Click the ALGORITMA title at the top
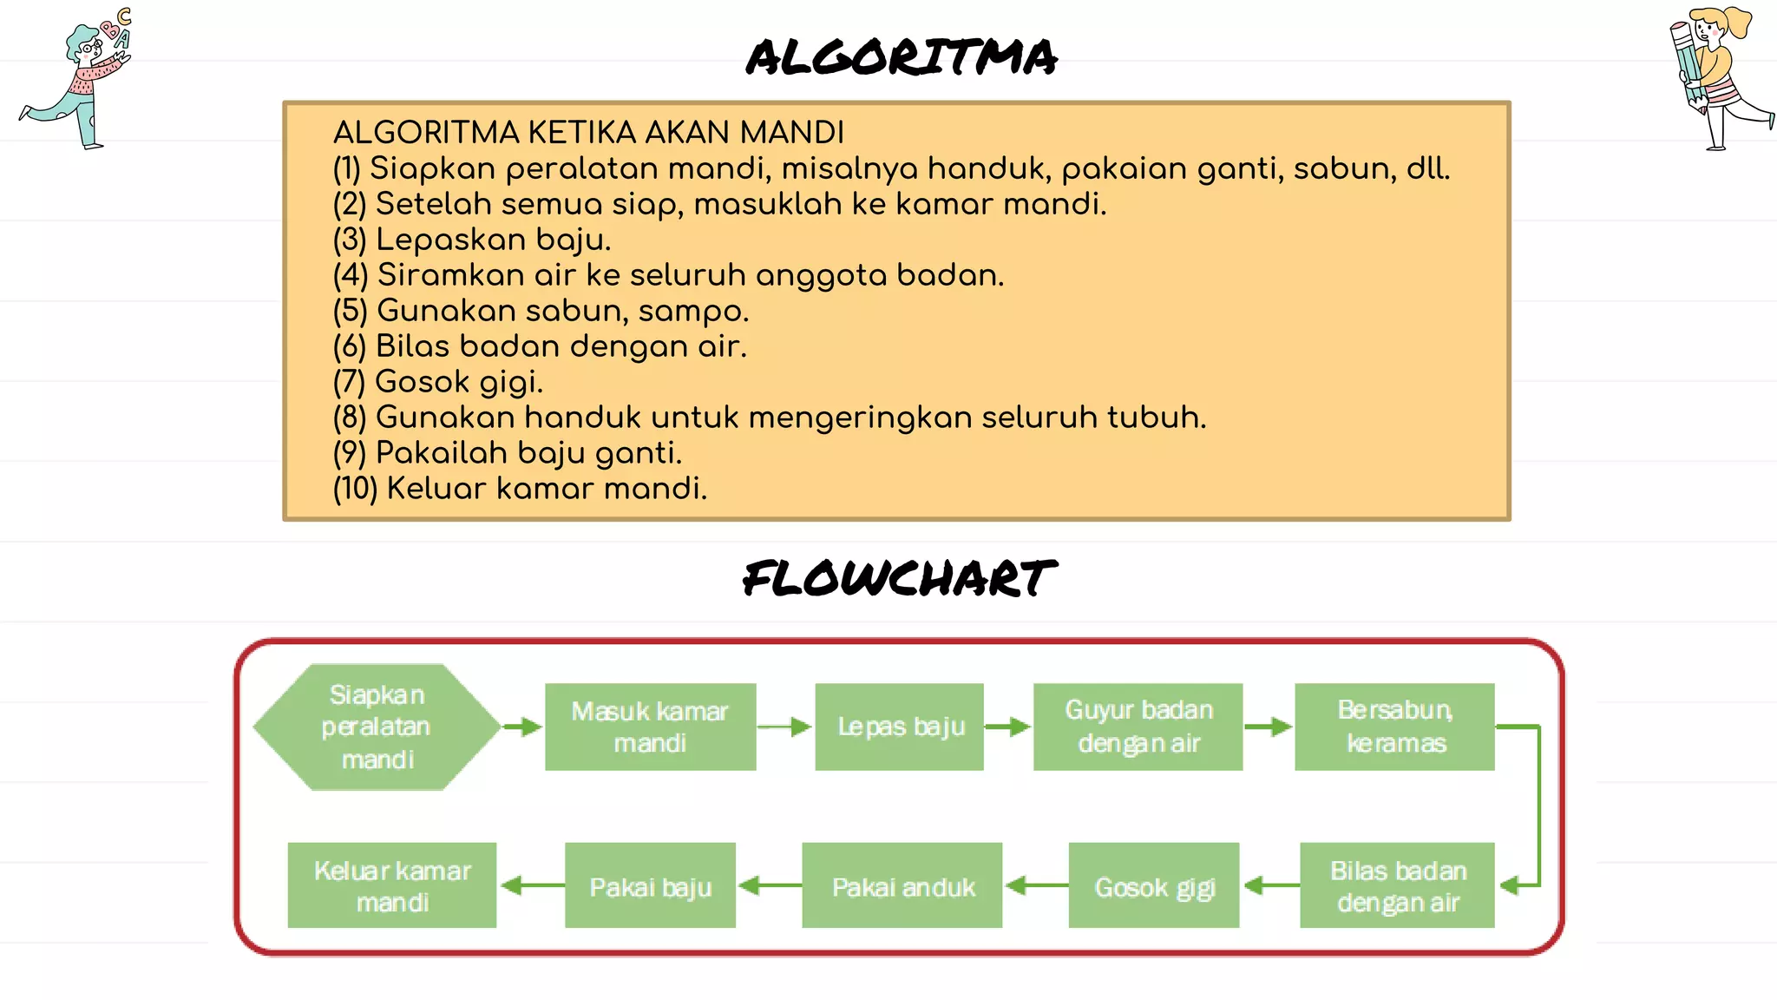click(x=902, y=57)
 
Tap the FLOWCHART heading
click(x=900, y=579)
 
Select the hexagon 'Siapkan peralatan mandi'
click(x=377, y=727)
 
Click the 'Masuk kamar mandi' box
click(x=650, y=727)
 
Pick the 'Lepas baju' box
click(x=900, y=727)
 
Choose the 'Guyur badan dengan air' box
click(x=1138, y=727)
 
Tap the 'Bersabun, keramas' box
click(x=1394, y=727)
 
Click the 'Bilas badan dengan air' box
click(x=1397, y=885)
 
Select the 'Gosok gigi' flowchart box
click(x=1154, y=885)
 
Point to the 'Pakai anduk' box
click(x=902, y=885)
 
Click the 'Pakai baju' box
click(x=650, y=885)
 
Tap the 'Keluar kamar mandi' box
click(x=392, y=885)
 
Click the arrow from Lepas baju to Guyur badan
click(x=1008, y=727)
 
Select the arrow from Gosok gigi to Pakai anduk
click(x=1036, y=885)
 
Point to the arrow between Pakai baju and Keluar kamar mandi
click(x=531, y=885)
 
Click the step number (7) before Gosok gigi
click(x=349, y=382)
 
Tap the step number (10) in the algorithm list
click(x=355, y=489)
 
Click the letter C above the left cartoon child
click(x=125, y=16)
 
